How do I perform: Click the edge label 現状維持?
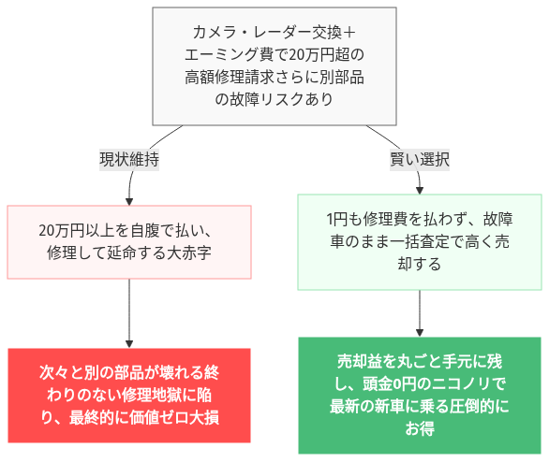[x=129, y=160]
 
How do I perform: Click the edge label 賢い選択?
[x=419, y=160]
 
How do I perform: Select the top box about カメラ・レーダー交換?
[x=274, y=66]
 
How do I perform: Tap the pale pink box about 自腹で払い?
[x=129, y=241]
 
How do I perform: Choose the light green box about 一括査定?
[x=419, y=241]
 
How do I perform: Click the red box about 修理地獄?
[x=129, y=395]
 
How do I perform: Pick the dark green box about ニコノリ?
[x=419, y=395]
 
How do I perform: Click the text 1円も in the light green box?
[x=343, y=220]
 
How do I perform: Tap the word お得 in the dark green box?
[x=420, y=429]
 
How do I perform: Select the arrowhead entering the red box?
[x=129, y=342]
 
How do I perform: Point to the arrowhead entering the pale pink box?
[x=129, y=199]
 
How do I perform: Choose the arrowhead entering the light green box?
[x=419, y=189]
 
